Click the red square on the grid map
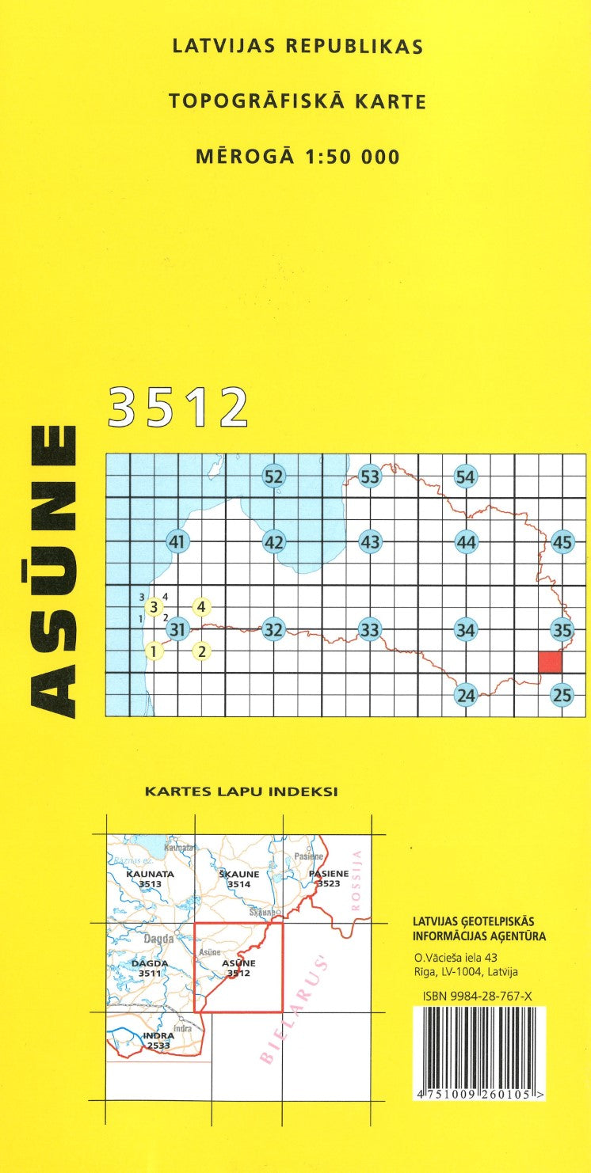click(550, 661)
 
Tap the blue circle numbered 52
click(273, 476)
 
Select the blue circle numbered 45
click(562, 543)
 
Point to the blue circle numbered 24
click(467, 696)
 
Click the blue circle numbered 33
click(370, 630)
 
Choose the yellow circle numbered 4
click(202, 607)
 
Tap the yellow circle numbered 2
click(203, 652)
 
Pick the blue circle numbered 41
click(177, 543)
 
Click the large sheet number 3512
click(178, 407)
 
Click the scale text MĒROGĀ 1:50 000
click(297, 157)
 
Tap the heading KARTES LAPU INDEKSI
click(242, 791)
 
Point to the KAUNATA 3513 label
click(149, 879)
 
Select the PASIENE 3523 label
click(328, 878)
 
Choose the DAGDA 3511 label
click(149, 968)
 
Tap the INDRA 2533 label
click(159, 1040)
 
